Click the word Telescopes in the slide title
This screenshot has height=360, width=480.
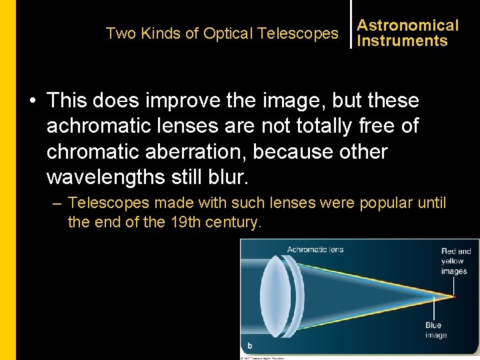click(305, 33)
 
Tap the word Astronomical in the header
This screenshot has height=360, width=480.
click(408, 25)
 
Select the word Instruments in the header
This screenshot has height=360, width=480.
click(402, 41)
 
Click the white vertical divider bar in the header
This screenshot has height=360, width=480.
click(351, 25)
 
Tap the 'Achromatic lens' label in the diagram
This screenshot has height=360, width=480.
click(315, 249)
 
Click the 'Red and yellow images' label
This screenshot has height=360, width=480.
click(456, 261)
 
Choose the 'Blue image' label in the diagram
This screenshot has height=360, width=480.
click(435, 330)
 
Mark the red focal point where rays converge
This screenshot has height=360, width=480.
click(455, 295)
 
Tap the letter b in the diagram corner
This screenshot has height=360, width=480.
click(249, 345)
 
